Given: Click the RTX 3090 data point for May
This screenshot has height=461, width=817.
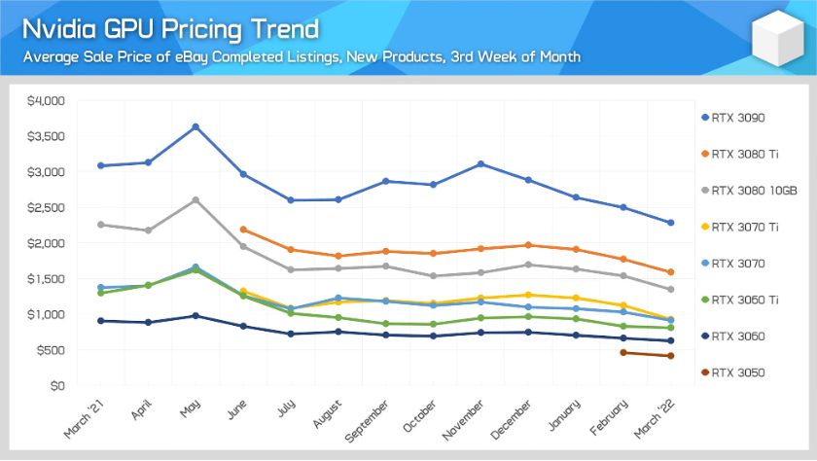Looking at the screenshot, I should pos(195,126).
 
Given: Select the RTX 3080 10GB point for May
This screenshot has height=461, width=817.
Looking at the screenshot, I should pos(195,200).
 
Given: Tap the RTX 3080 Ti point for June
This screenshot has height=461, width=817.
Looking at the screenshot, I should pos(243,230).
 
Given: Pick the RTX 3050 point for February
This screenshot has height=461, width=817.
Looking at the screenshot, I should pos(622,352).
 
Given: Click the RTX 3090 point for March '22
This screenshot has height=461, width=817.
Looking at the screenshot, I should pos(670,223).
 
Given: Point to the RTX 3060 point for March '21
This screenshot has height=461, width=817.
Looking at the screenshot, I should pos(101,320).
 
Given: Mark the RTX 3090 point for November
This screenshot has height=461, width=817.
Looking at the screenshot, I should pos(480,163).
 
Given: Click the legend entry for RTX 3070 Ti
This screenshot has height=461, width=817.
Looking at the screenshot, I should pos(747,227).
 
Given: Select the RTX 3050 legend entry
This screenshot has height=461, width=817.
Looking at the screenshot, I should pos(739,372).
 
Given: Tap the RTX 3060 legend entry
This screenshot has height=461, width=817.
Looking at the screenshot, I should pos(739,336).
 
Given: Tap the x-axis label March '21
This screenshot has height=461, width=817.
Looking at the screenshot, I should pos(87,418).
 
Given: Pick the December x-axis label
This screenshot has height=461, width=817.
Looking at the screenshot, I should pos(513,418).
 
